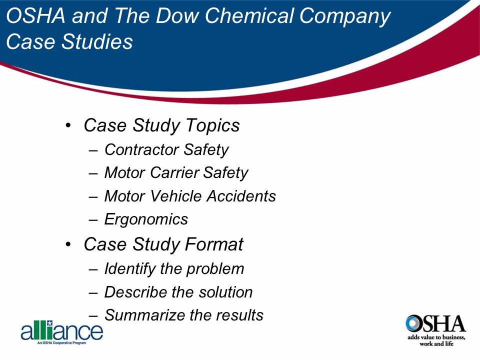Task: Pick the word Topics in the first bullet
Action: coord(213,125)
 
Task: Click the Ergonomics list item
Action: coord(146,219)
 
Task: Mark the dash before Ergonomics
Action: coord(93,219)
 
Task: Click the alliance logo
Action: coord(61,331)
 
